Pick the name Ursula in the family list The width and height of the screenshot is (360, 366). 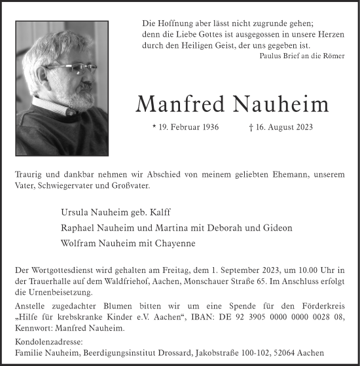click(75, 213)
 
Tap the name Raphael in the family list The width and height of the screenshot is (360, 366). click(78, 228)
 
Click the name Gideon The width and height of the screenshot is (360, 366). click(277, 228)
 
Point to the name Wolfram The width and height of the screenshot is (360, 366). click(79, 243)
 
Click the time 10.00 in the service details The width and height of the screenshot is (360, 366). click(298, 270)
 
